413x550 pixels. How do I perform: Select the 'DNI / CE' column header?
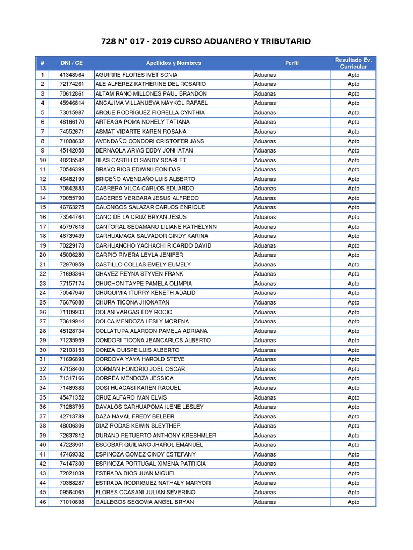[72, 63]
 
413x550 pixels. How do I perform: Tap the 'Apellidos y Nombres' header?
[173, 63]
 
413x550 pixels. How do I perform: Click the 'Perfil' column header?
[292, 63]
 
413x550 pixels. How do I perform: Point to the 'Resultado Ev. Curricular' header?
[353, 63]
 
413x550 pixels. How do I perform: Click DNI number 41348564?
[72, 75]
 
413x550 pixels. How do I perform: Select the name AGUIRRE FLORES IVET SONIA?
[136, 75]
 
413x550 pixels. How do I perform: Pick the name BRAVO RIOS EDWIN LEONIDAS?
[138, 170]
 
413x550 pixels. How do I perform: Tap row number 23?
[42, 284]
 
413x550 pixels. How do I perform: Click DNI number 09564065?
[72, 493]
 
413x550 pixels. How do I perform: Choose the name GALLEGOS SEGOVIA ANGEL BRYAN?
[144, 502]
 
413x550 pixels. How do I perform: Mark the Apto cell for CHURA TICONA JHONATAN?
[353, 302]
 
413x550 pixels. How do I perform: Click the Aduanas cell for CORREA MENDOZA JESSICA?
[265, 379]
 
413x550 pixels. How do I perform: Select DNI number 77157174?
[72, 284]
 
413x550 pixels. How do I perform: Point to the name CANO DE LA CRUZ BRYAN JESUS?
[141, 217]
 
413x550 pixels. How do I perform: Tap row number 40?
[42, 445]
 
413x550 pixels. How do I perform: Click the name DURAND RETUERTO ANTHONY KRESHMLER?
[155, 436]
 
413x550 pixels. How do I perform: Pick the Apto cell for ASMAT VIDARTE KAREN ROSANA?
[353, 132]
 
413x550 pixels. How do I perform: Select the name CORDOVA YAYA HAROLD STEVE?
[140, 359]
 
